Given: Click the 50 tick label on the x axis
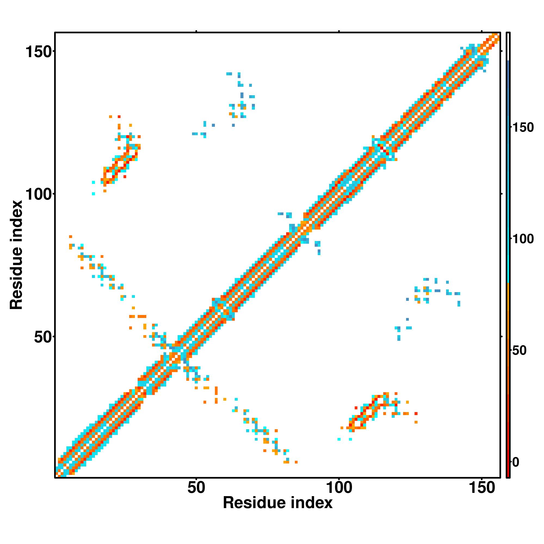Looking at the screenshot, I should [196, 488].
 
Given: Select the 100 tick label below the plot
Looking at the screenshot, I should [339, 488].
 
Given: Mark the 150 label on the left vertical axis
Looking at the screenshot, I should [39, 52].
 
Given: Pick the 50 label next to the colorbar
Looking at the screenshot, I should [519, 351].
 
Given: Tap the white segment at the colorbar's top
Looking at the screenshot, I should [508, 47].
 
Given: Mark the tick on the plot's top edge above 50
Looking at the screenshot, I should [196, 31].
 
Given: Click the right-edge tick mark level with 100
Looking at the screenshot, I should [502, 194].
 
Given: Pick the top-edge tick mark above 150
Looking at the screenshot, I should [482, 31].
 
